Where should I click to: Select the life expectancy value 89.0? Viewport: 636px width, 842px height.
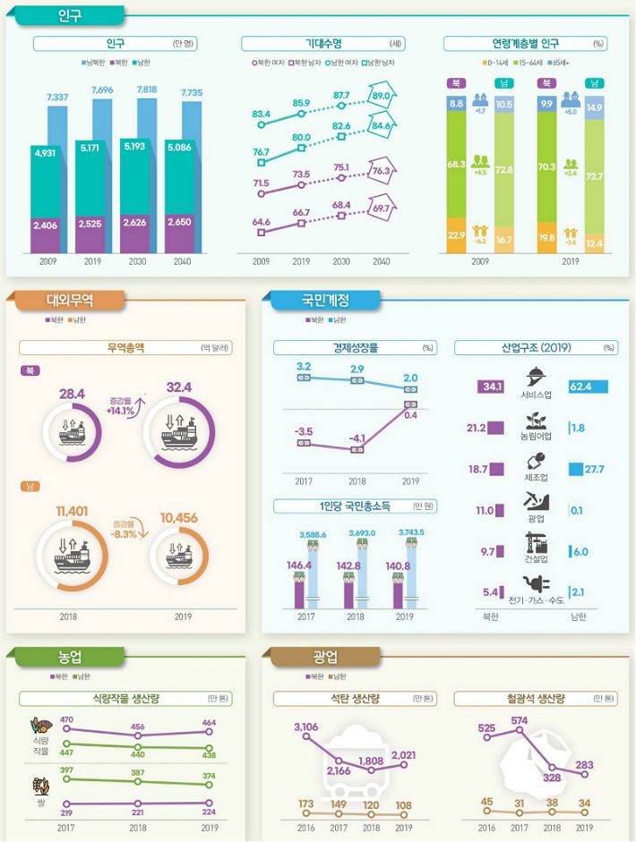click(381, 96)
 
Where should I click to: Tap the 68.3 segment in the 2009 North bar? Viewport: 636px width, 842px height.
click(456, 165)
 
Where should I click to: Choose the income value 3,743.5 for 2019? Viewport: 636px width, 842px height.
click(412, 533)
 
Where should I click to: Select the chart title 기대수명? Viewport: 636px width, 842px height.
click(309, 43)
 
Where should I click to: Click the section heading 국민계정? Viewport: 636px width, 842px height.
click(325, 301)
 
